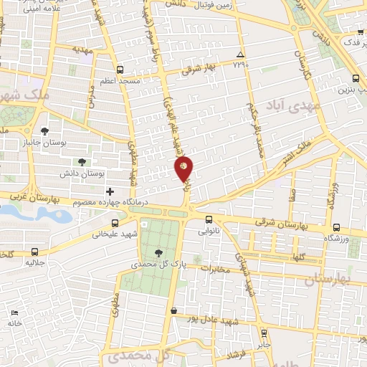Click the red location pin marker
click(x=183, y=169)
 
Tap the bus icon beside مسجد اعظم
click(x=120, y=70)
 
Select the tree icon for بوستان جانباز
click(x=44, y=131)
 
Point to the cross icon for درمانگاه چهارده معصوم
click(x=110, y=191)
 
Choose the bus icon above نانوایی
click(x=209, y=219)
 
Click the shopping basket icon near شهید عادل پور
click(x=173, y=310)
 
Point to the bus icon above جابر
click(x=264, y=333)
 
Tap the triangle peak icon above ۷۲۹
click(x=240, y=55)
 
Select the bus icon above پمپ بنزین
click(x=356, y=79)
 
